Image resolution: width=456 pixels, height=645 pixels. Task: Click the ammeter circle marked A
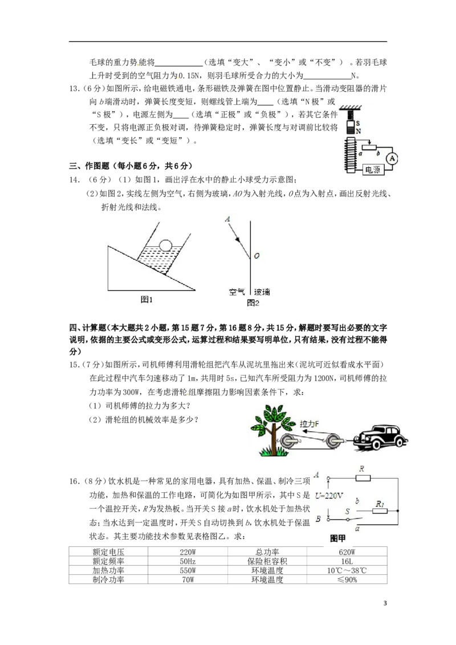(393, 158)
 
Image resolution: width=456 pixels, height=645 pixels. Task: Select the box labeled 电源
(372, 169)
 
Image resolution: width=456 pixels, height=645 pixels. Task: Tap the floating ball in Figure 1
(166, 245)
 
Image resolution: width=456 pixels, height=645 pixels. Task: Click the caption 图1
(146, 300)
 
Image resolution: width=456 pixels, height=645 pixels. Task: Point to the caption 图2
(253, 303)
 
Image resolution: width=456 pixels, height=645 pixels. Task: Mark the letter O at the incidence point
(257, 256)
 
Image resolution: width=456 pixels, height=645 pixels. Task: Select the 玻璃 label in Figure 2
(262, 292)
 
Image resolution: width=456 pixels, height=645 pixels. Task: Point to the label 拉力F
(310, 424)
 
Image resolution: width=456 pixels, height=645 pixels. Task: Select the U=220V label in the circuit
(329, 496)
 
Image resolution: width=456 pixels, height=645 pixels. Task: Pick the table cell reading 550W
(188, 570)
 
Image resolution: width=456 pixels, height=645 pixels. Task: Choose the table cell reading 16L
(347, 561)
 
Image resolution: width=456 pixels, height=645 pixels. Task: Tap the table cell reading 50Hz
(188, 561)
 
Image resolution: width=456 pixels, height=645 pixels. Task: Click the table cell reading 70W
(188, 579)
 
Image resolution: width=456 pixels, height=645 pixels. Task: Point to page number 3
(385, 603)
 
